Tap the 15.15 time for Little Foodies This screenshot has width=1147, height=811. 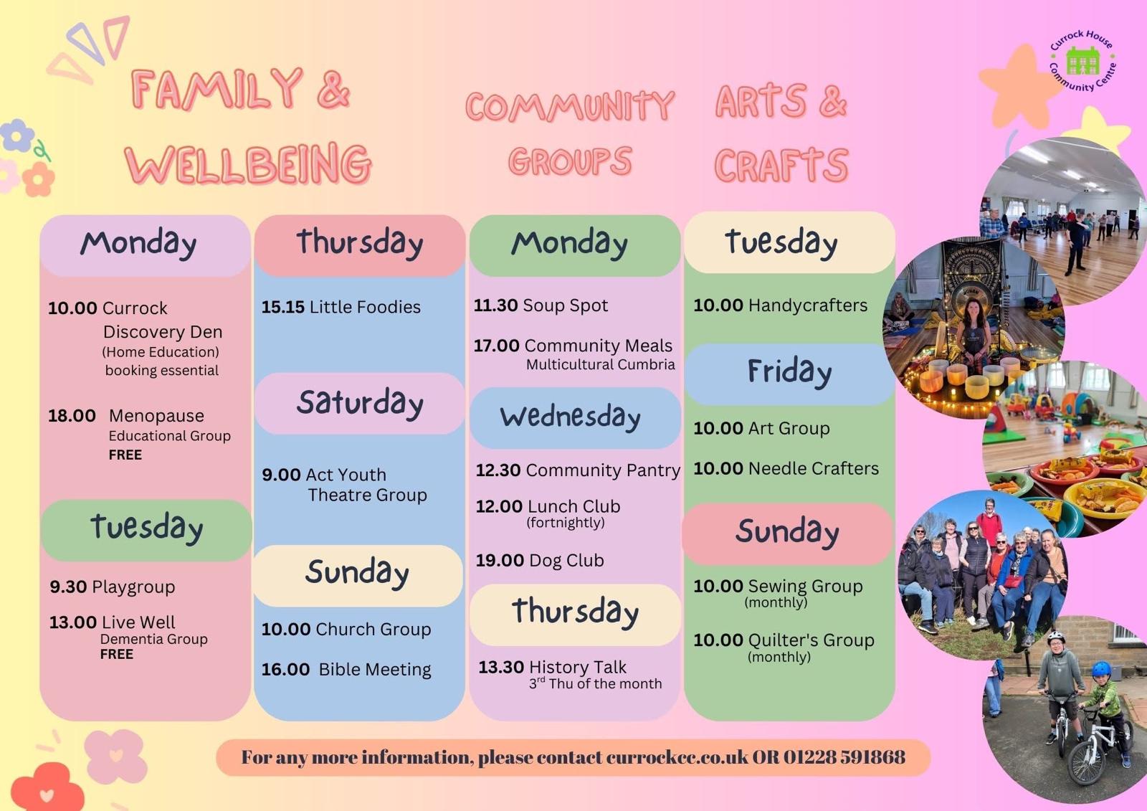282,307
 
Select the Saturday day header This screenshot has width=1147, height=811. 360,403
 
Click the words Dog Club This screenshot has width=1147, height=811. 566,561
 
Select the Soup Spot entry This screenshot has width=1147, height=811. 541,305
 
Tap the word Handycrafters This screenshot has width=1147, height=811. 807,305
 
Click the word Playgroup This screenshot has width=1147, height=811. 133,587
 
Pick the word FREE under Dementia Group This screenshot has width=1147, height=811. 117,655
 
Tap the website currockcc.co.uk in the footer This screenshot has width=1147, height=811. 677,757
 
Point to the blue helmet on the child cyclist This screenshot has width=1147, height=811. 1101,668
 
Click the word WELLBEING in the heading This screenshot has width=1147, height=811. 248,164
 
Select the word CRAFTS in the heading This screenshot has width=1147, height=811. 781,165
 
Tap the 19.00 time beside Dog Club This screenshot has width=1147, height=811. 500,561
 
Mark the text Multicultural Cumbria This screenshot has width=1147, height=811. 600,365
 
